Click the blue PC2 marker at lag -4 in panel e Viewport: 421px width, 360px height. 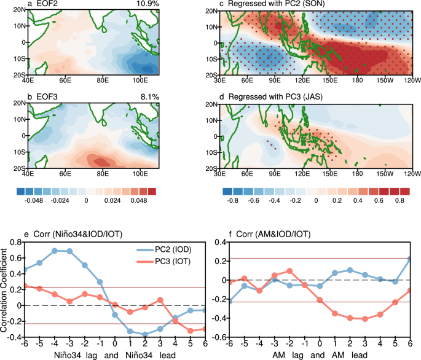pyautogui.click(x=55, y=251)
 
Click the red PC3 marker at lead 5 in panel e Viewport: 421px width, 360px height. pyautogui.click(x=190, y=331)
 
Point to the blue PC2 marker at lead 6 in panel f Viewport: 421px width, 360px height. pyautogui.click(x=409, y=259)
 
